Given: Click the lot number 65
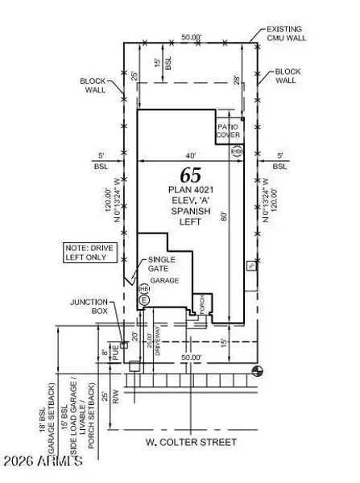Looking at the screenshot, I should (191, 175).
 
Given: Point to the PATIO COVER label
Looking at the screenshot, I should (228, 131).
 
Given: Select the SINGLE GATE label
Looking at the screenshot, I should (161, 265).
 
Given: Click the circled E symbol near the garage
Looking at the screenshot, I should (145, 300).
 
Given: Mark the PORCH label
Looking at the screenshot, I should (202, 303).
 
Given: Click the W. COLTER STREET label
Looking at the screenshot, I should (191, 443).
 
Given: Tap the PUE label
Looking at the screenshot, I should (115, 352).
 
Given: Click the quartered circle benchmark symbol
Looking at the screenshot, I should (257, 369).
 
